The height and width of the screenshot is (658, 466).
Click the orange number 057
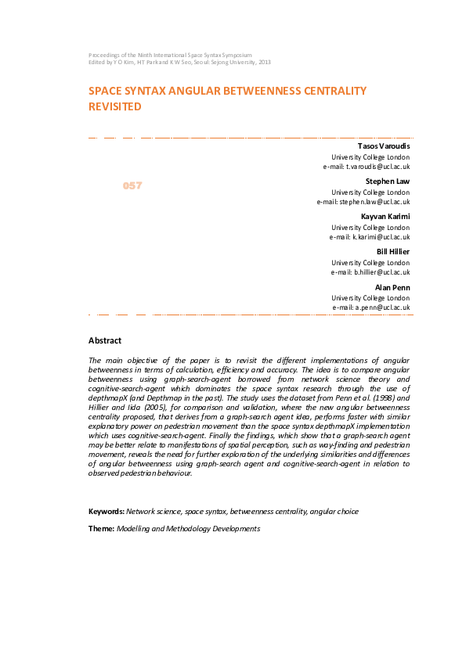tap(132, 185)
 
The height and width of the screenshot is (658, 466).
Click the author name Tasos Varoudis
tap(383, 146)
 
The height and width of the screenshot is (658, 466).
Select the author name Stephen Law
tap(388, 182)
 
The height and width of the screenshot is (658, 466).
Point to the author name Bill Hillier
tap(393, 251)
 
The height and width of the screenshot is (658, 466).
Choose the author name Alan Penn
tap(392, 287)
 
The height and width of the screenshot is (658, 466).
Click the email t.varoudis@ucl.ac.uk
tap(367, 167)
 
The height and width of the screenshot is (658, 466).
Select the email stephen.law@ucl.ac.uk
tap(363, 202)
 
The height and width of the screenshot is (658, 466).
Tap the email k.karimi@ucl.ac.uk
tap(370, 236)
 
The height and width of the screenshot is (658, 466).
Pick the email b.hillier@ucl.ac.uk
tap(370, 271)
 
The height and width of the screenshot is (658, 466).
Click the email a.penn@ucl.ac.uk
tap(371, 307)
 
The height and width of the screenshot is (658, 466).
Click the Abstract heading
tap(105, 340)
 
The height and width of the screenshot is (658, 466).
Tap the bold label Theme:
tap(101, 529)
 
